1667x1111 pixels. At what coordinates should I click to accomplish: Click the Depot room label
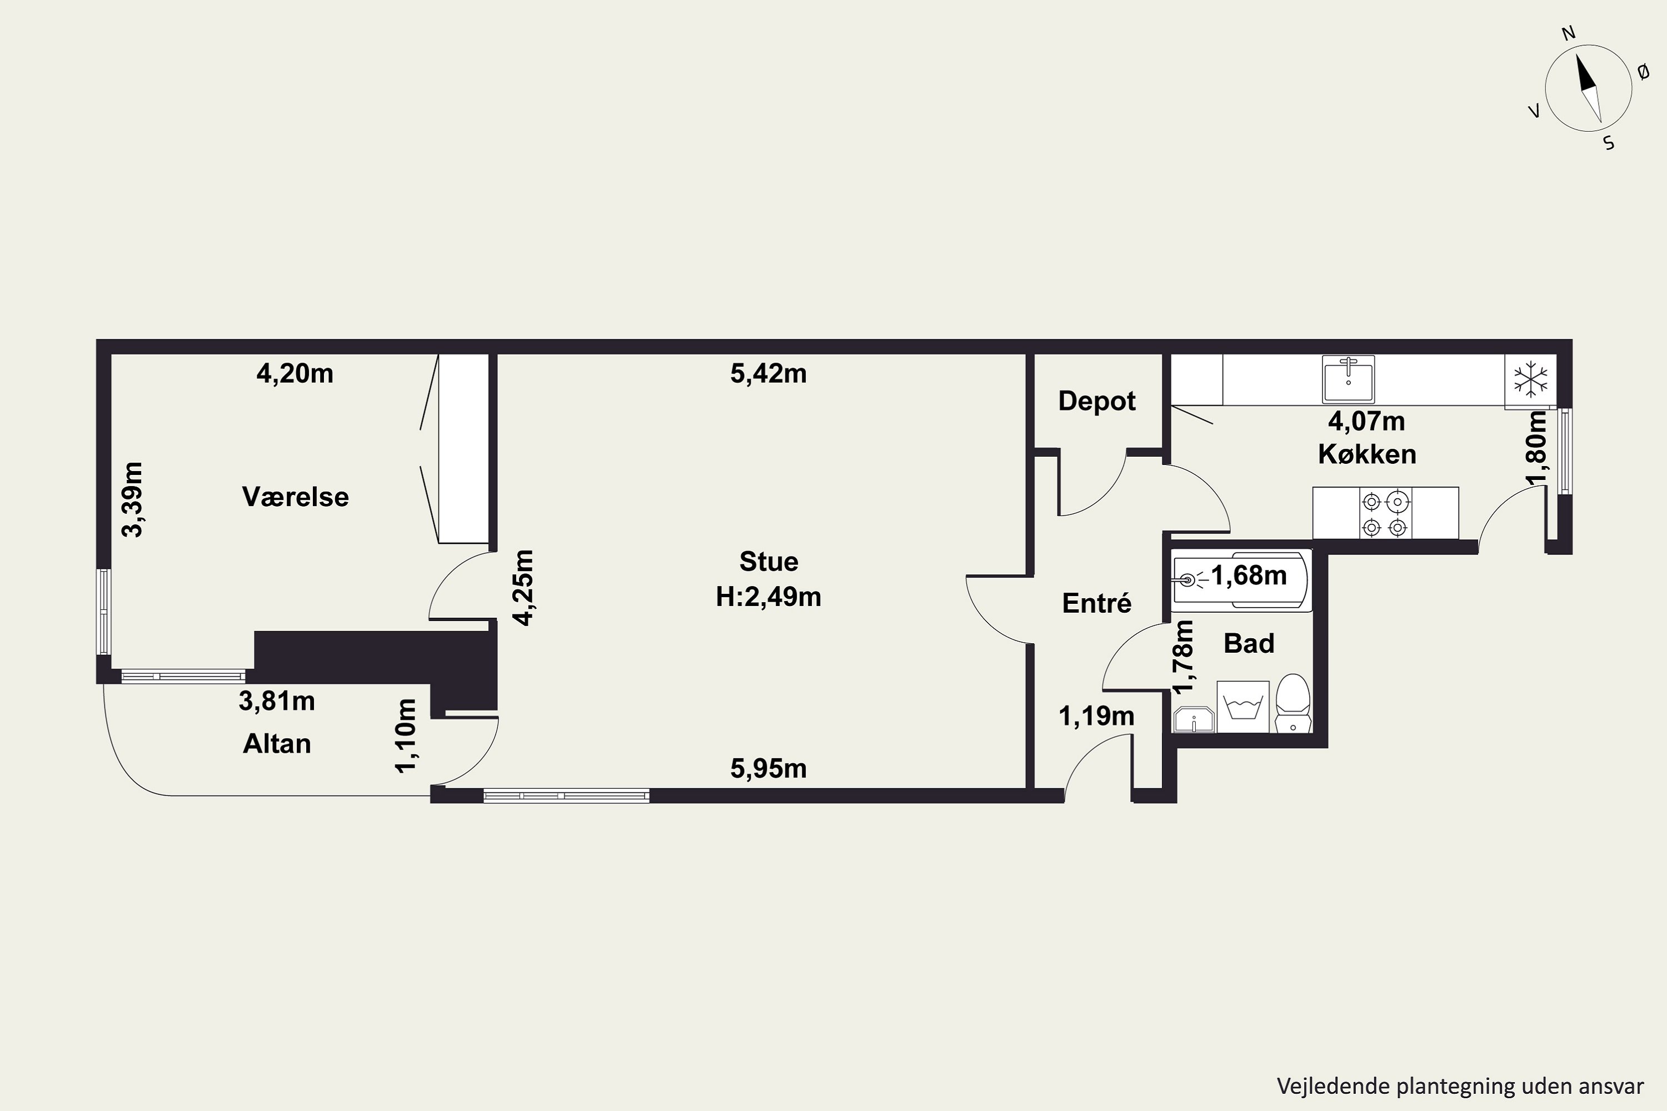click(1096, 401)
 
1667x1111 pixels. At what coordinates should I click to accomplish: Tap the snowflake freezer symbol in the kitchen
click(1531, 381)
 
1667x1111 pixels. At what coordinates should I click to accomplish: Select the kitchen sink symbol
click(1348, 379)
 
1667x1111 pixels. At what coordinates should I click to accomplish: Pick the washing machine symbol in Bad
click(1243, 707)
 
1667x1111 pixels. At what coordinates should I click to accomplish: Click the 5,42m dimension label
click(768, 373)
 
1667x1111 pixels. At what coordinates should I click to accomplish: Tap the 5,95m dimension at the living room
click(768, 768)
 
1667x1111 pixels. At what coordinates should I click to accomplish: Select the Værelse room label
click(296, 497)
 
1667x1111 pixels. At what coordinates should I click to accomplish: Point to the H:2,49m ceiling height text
click(768, 597)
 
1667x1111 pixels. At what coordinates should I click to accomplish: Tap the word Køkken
click(1367, 454)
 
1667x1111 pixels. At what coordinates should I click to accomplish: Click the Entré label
click(1096, 603)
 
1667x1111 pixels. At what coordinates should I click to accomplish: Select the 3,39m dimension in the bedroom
click(133, 499)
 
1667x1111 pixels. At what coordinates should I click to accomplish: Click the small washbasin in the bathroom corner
click(1194, 720)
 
